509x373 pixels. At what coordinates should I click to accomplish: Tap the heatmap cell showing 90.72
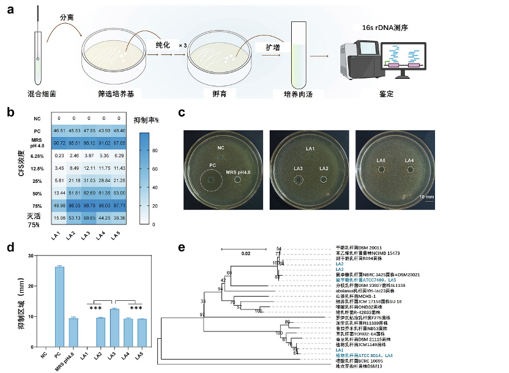[x=59, y=142]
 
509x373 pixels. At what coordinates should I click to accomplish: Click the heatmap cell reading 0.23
[x=59, y=155]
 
